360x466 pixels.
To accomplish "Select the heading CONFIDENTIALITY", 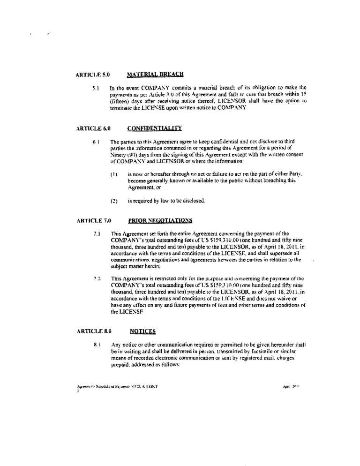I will [154, 128].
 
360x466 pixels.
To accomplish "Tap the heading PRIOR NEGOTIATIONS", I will [159, 220].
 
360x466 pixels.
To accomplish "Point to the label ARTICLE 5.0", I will [92, 74].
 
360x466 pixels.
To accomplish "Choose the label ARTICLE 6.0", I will [92, 128].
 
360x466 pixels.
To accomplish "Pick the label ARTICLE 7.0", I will [92, 220].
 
